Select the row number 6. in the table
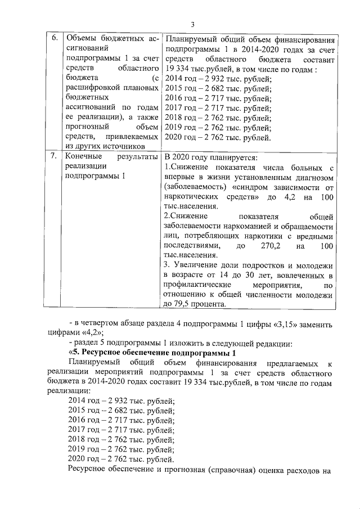click(x=55, y=38)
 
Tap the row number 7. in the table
click(x=55, y=157)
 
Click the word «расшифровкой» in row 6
click(x=97, y=87)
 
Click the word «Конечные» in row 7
click(x=83, y=157)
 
